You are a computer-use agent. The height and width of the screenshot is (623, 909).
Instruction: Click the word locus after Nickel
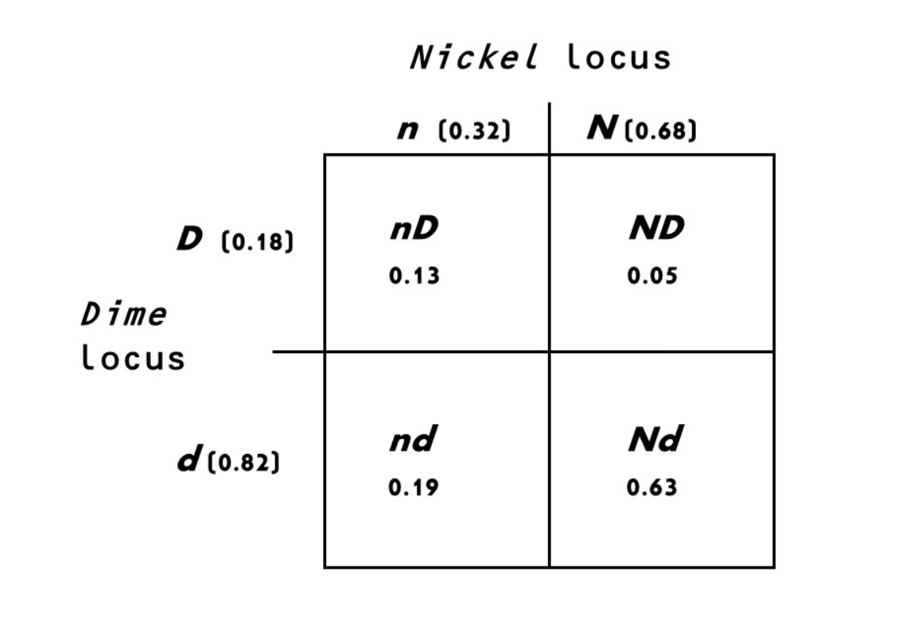tap(619, 57)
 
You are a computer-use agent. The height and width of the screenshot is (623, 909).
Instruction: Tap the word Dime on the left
tap(123, 314)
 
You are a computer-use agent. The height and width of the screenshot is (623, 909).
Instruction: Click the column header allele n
tap(408, 130)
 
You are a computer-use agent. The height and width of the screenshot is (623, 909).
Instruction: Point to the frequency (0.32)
tap(473, 131)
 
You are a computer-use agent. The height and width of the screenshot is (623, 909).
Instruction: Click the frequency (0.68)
tap(660, 131)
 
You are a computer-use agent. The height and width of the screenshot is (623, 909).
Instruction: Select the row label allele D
tap(190, 240)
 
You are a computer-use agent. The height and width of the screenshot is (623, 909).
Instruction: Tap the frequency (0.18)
tap(257, 241)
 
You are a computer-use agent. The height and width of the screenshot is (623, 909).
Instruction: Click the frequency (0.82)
tap(244, 463)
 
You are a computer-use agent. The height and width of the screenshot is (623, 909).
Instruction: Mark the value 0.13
tap(414, 276)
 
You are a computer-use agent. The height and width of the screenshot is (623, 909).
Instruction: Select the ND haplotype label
tap(656, 230)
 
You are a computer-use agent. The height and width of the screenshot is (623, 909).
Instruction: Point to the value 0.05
tap(652, 276)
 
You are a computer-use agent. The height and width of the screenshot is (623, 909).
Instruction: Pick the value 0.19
tap(414, 488)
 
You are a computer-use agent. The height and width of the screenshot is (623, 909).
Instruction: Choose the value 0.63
tap(651, 488)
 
